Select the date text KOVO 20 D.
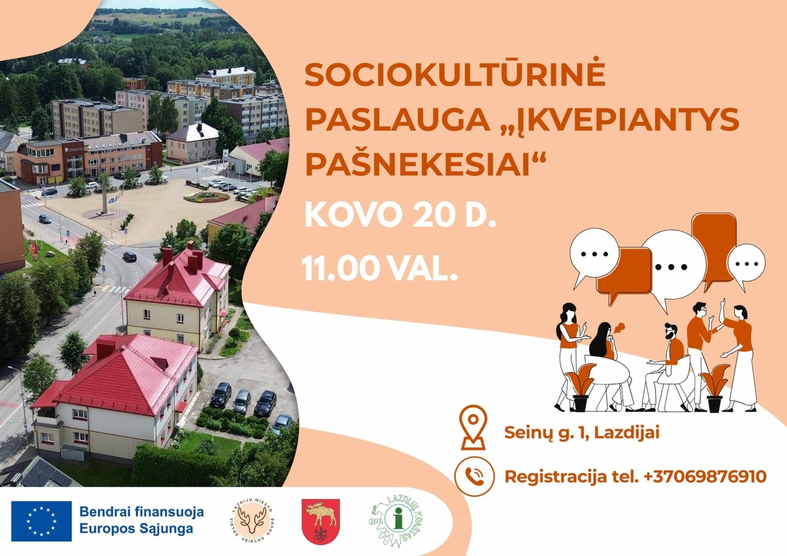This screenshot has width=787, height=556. [x=400, y=215]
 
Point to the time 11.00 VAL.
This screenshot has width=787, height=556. [x=380, y=269]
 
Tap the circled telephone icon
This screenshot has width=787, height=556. [x=474, y=476]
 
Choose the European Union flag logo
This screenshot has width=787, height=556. [x=41, y=521]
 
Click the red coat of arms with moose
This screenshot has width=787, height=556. [x=321, y=521]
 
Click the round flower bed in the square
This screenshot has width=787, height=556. [x=207, y=197]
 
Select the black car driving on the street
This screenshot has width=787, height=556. [x=130, y=256]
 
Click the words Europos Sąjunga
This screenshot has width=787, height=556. [x=136, y=529]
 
